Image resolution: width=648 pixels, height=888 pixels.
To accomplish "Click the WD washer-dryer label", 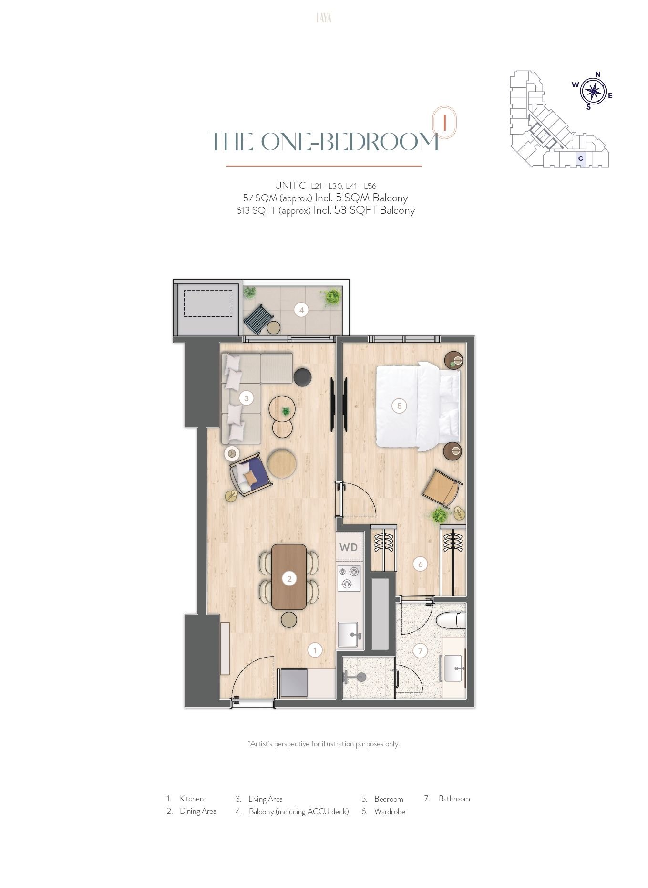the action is tap(349, 547).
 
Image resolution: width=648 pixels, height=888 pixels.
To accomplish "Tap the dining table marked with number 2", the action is tap(289, 577).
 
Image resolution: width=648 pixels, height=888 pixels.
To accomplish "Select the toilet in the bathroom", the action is tap(451, 620).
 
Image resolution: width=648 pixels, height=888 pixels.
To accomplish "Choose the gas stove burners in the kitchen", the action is tap(349, 577).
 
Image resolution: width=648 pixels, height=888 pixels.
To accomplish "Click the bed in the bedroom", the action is tap(418, 406).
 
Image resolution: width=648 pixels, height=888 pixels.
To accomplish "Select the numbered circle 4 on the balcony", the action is tap(301, 310).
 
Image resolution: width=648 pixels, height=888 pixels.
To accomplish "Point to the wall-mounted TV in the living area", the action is tap(332, 405).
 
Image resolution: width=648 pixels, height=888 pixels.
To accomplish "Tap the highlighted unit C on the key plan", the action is tap(580, 158).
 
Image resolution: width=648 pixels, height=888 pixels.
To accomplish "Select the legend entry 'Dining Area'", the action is tap(198, 811).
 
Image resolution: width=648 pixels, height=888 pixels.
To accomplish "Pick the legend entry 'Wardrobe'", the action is tap(390, 811).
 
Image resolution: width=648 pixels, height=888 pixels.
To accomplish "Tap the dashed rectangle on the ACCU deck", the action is tap(208, 303).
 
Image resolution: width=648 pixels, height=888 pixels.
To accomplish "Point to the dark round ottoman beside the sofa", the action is tap(302, 377).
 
